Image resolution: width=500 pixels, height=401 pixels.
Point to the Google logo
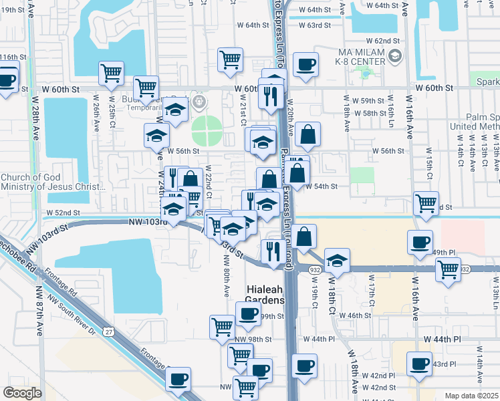pos(22,393)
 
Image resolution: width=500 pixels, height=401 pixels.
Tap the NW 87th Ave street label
pos(39,299)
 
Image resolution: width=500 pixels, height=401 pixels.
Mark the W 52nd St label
pos(64,213)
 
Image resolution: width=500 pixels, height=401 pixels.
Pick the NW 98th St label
pos(253,339)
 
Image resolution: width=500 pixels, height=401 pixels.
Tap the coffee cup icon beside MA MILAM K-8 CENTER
pos(305,64)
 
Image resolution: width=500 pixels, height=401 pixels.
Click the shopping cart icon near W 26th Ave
pos(111,72)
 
